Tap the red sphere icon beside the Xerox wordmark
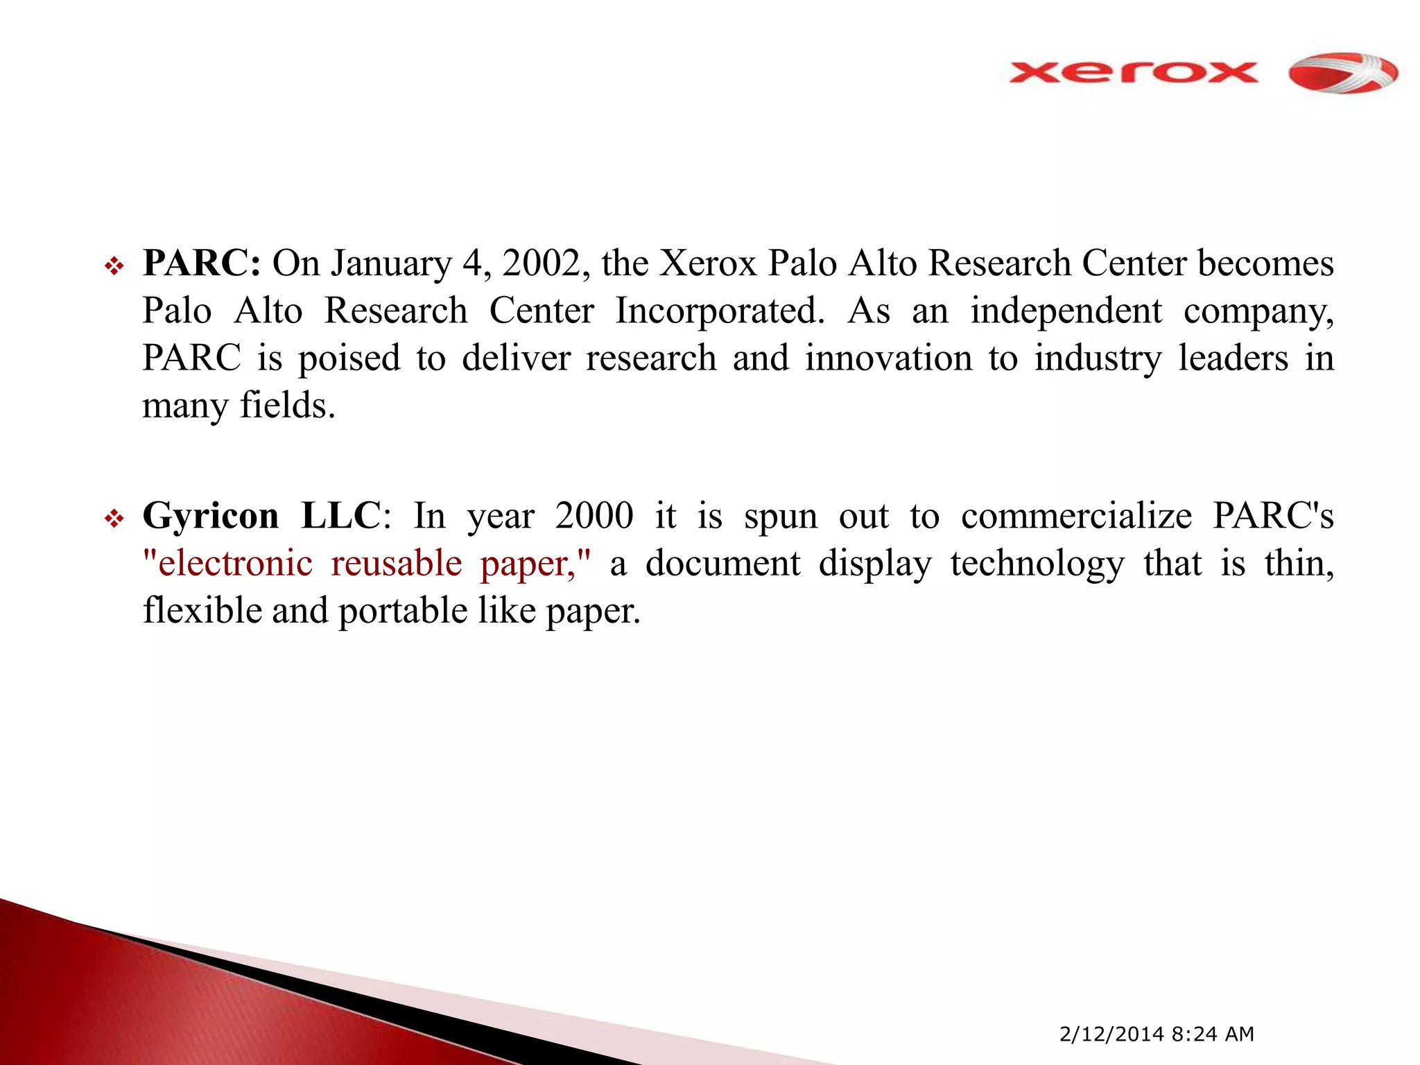coord(1343,72)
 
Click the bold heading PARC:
coord(201,263)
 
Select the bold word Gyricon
coord(211,516)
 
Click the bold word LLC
coord(340,516)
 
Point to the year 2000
coord(594,516)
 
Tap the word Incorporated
coord(720,311)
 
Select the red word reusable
coord(397,563)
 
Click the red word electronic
coord(235,563)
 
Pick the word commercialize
coord(1076,516)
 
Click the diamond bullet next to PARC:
coord(114,266)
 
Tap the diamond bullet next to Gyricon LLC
coord(114,518)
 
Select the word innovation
coord(889,358)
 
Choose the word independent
coord(1066,311)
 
